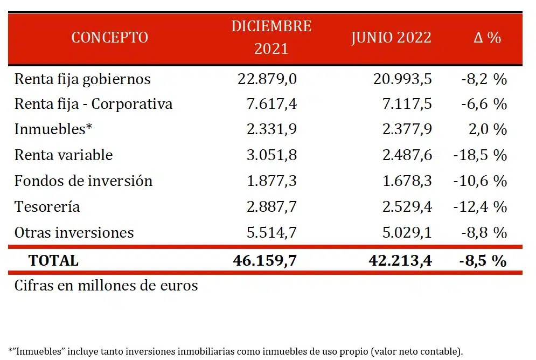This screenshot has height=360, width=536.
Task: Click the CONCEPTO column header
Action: [109, 37]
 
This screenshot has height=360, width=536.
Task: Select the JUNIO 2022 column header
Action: [391, 37]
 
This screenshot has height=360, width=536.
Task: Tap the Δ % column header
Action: [487, 37]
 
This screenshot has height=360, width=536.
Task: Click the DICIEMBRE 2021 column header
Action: [272, 37]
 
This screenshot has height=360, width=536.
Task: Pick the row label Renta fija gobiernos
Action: [82, 79]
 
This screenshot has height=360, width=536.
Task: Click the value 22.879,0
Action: [267, 79]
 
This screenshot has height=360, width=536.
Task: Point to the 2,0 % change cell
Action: [488, 130]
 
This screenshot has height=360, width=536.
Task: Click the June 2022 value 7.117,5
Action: [402, 104]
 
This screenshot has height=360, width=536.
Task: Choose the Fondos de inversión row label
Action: [83, 181]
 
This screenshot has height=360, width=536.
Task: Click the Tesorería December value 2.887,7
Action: [272, 207]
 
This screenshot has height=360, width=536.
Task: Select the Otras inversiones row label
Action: [74, 232]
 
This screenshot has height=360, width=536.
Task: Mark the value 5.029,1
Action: [402, 232]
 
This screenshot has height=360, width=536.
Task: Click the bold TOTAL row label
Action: [53, 260]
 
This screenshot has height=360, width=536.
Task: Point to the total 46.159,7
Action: [264, 260]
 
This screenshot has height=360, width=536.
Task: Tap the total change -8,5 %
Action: [483, 260]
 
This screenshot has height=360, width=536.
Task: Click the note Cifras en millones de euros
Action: [106, 285]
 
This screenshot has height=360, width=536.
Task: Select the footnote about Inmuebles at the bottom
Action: [235, 351]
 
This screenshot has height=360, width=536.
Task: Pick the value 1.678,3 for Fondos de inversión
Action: [402, 181]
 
